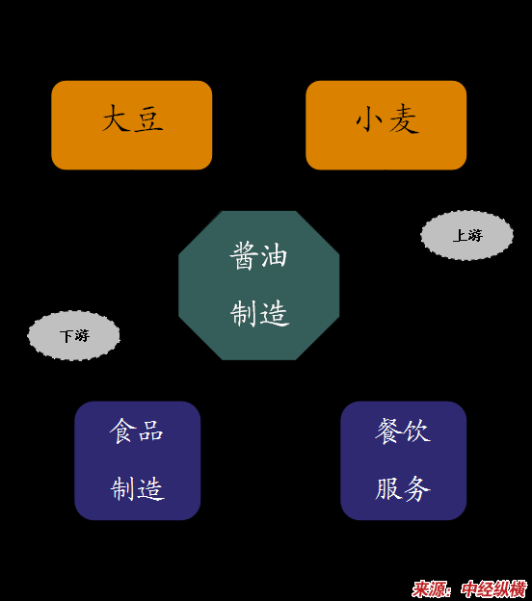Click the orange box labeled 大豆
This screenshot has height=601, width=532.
132,125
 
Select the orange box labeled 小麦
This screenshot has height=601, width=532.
386,125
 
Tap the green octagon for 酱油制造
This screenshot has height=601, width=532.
259,285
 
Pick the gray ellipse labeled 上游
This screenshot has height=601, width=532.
466,235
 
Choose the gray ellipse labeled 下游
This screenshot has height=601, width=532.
73,335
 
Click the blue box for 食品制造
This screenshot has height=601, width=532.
137,460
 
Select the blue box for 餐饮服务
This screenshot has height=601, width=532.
404,460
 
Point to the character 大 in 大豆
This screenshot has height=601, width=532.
116,118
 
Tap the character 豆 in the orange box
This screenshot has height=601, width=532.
148,118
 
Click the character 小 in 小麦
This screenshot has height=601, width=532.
369,118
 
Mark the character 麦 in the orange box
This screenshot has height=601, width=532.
404,118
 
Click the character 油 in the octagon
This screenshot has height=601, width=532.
274,255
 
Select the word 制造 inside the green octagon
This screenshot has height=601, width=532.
259,313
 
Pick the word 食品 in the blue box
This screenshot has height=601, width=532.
137,431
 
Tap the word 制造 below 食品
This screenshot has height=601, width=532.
138,488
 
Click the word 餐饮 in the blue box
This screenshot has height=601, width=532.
403,431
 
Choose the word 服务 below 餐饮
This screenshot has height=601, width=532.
403,488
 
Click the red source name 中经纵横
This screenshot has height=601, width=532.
494,589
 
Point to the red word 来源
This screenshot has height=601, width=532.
429,589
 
